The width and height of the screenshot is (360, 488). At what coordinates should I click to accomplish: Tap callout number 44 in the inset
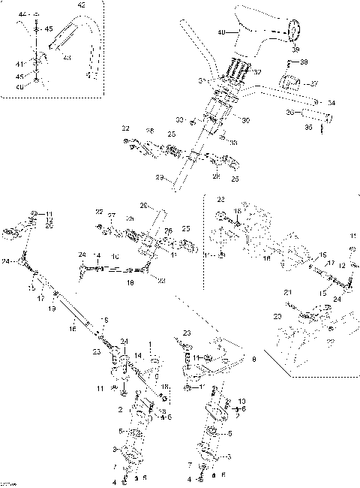(22, 15)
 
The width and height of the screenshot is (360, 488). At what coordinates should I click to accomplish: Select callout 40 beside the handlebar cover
(220, 32)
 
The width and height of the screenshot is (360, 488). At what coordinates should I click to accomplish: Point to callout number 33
(180, 119)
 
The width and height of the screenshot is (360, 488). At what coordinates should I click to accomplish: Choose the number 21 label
(287, 292)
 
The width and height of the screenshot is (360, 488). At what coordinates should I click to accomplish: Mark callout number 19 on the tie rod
(52, 309)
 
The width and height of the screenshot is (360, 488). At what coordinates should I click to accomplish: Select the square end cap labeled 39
(295, 29)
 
